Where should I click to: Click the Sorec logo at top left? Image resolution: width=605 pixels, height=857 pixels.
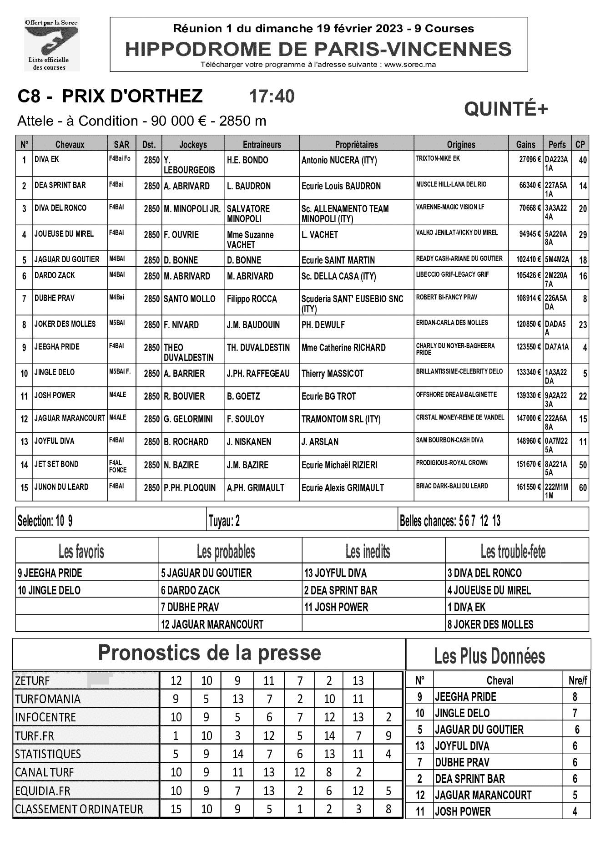tap(52, 45)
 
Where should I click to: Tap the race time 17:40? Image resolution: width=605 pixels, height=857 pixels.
tap(272, 96)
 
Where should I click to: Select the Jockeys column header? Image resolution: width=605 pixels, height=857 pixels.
tap(193, 145)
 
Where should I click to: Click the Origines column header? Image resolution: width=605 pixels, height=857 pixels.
tap(461, 145)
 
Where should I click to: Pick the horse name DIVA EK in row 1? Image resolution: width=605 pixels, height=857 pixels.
tap(47, 160)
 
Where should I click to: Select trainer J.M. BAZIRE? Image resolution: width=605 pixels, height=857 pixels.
tap(247, 465)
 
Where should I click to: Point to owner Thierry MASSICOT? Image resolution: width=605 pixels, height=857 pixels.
tap(333, 374)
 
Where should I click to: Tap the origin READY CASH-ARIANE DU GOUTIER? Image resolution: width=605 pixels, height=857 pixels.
tap(459, 259)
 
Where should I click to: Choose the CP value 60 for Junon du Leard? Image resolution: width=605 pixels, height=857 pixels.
tap(582, 487)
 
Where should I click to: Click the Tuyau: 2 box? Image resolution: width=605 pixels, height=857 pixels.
tap(224, 521)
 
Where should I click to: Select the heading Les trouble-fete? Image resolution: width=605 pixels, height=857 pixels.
tap(513, 552)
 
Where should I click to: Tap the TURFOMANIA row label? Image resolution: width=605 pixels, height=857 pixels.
tap(48, 699)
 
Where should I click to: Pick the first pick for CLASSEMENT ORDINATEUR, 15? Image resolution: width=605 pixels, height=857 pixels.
tap(176, 809)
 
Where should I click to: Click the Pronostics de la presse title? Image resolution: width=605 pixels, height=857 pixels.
tap(209, 653)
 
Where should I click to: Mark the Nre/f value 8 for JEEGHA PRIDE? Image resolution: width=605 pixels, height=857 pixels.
tap(575, 697)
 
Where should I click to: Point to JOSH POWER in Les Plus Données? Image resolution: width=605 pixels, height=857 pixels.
tap(463, 811)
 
